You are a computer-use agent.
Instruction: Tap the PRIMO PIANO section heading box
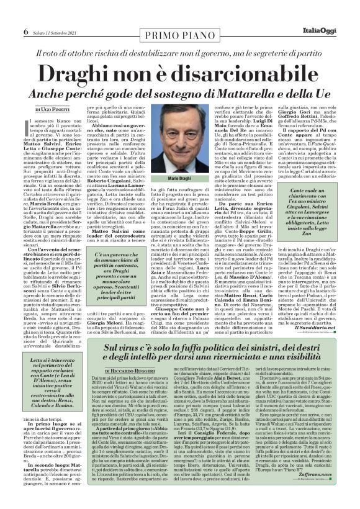179,16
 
